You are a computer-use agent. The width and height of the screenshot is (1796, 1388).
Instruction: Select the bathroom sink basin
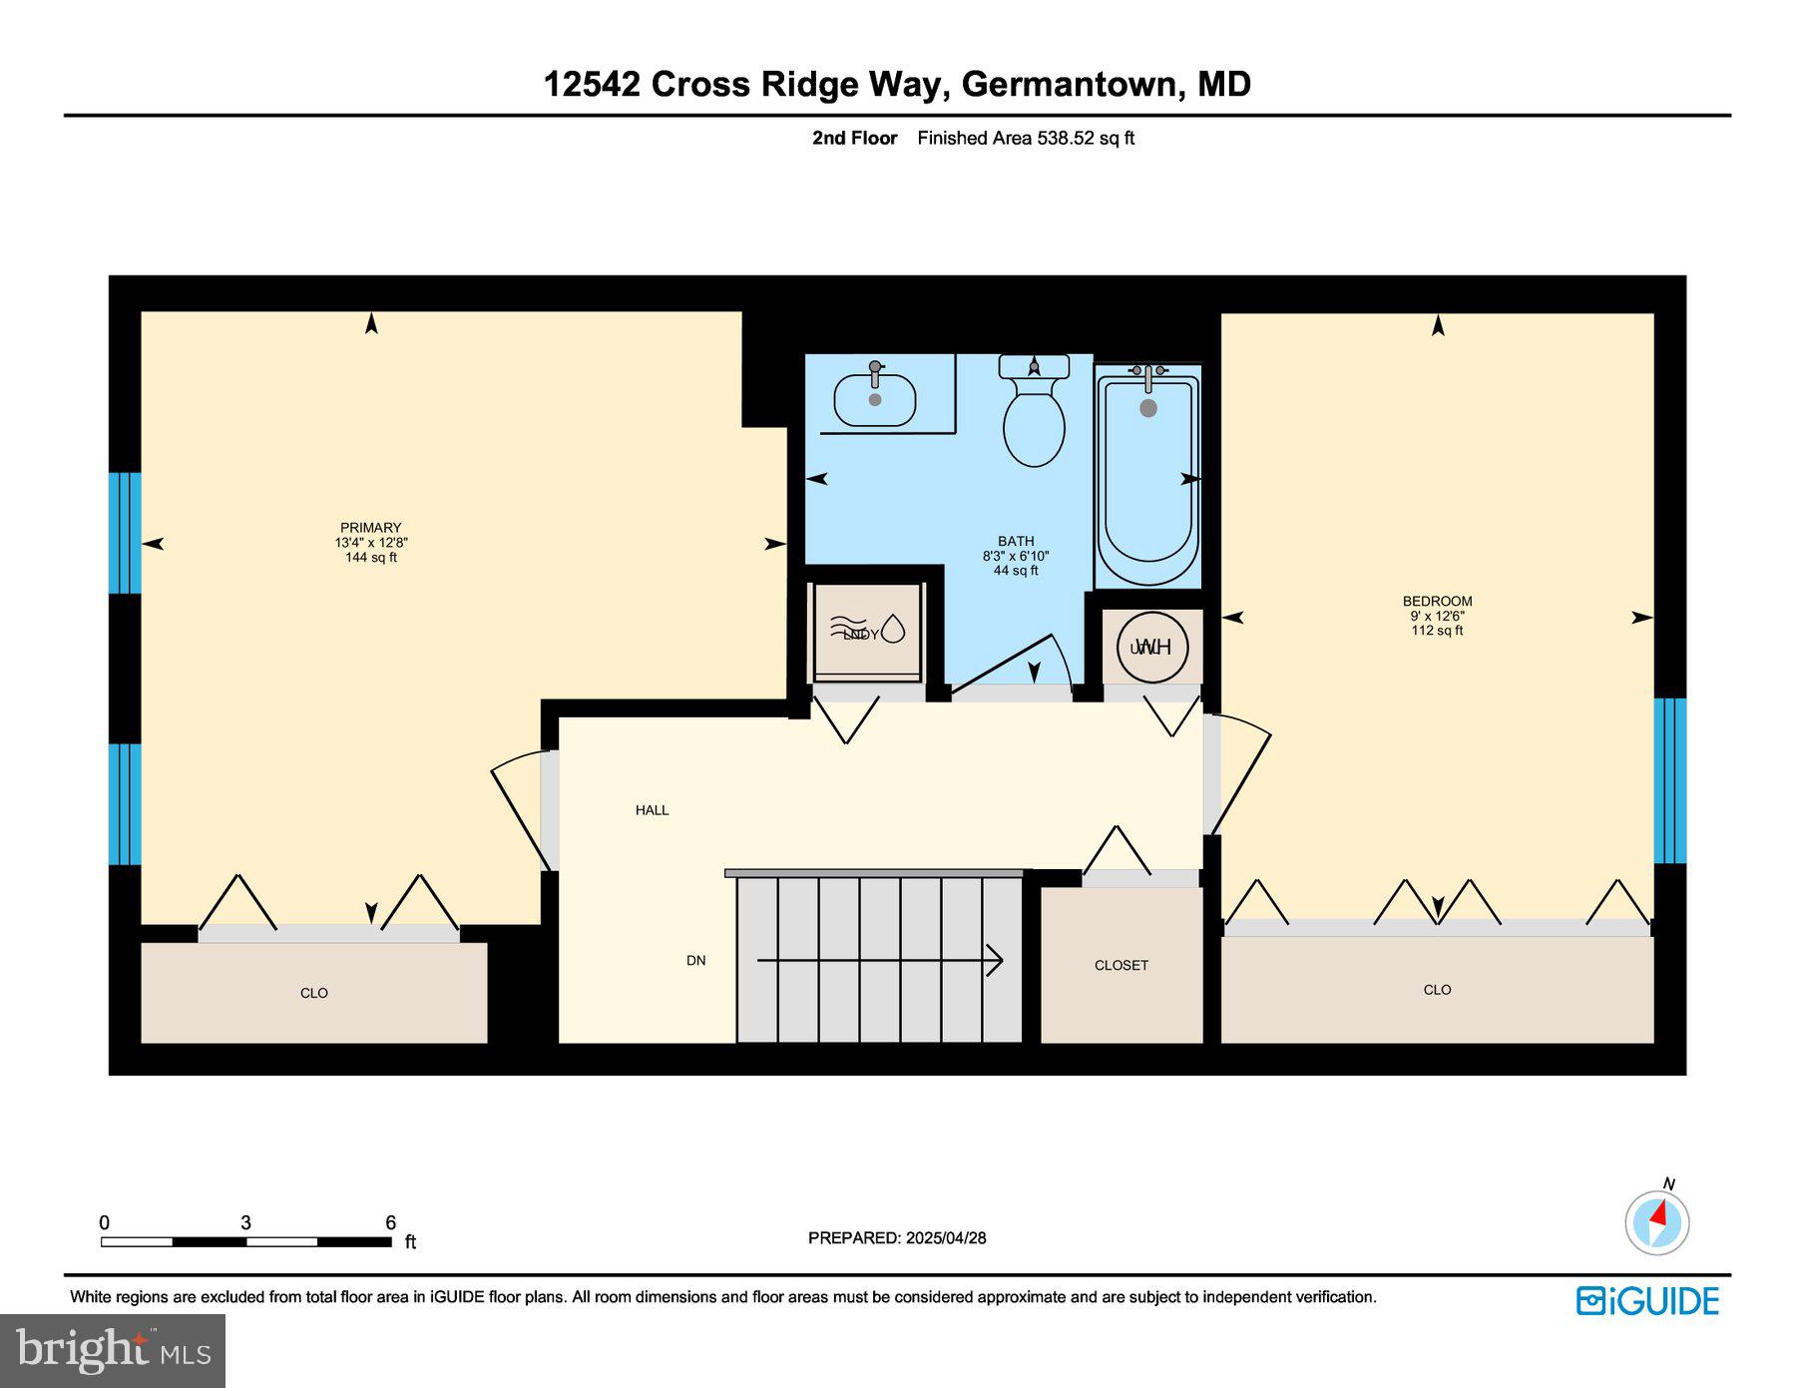(874, 400)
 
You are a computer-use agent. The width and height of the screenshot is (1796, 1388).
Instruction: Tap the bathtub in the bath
(1147, 479)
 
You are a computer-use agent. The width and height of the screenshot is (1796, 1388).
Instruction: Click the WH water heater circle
(1152, 647)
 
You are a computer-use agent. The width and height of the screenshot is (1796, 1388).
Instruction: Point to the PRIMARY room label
(370, 528)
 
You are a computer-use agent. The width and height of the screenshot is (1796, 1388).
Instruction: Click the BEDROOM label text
(1437, 601)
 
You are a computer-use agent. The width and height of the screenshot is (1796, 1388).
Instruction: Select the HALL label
(652, 810)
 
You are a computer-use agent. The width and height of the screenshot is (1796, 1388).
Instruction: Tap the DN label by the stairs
(695, 961)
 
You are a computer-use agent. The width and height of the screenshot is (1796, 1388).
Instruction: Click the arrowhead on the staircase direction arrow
(995, 960)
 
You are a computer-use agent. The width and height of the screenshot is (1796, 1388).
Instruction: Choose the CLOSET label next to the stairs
(1121, 965)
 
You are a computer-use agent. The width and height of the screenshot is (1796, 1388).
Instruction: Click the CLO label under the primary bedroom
(313, 993)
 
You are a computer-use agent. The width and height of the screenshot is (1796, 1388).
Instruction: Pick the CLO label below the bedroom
(1437, 990)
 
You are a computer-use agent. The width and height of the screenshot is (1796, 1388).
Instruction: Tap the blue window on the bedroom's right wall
(1669, 780)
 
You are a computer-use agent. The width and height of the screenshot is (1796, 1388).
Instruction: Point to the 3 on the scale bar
(244, 1222)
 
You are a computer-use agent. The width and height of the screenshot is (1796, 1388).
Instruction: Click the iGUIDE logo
(1647, 1301)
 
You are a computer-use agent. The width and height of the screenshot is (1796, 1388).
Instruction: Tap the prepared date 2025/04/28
(945, 1237)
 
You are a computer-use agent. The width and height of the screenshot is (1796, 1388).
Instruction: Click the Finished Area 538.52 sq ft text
(1025, 139)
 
